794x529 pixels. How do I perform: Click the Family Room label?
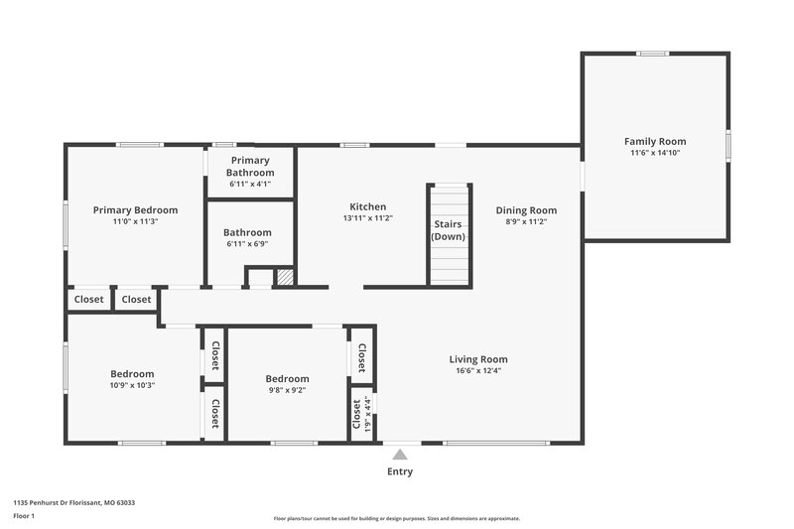(x=654, y=141)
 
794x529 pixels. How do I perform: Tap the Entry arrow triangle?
(x=400, y=455)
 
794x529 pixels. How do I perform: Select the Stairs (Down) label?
(x=448, y=230)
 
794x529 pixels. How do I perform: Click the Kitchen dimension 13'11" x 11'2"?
(x=367, y=218)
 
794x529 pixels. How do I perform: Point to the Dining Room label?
(x=526, y=210)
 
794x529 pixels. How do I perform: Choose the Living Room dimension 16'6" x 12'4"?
(x=478, y=371)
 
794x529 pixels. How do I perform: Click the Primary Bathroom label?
(x=250, y=166)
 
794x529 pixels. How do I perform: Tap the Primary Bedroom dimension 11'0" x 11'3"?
(x=135, y=222)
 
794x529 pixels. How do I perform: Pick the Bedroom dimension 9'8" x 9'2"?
(x=287, y=390)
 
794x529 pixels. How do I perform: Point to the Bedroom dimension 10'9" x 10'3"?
(x=132, y=385)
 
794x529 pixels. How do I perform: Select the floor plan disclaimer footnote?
(x=396, y=518)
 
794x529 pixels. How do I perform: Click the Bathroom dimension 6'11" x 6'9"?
(x=247, y=243)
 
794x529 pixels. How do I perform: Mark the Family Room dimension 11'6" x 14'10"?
(x=654, y=153)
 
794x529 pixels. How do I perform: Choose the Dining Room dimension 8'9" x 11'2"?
(x=526, y=221)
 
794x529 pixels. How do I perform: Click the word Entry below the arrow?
(x=400, y=471)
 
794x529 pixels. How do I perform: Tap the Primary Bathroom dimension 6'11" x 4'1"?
(x=250, y=184)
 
